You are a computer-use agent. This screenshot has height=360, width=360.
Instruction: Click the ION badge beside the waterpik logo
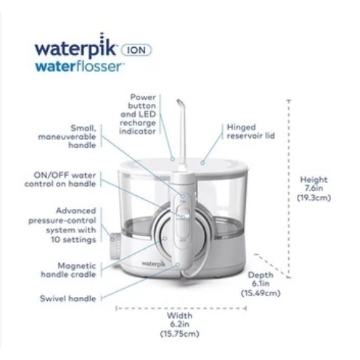(136, 50)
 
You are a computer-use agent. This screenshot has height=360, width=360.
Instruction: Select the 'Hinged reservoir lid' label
(250, 131)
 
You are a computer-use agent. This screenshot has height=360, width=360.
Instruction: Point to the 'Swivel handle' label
(67, 298)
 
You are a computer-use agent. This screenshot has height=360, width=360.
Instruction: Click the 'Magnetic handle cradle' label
(68, 270)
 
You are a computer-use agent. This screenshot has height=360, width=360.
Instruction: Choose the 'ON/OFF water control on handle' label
(60, 179)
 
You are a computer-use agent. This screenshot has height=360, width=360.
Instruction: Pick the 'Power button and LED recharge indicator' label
(138, 114)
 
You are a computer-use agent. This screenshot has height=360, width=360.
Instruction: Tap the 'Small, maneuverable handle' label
(67, 136)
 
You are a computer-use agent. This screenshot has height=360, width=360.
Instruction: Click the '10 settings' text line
(73, 240)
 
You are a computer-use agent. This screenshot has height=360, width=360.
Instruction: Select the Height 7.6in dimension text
(314, 189)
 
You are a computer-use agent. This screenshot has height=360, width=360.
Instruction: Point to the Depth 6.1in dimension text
(261, 284)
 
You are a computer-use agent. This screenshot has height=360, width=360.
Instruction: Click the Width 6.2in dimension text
(180, 324)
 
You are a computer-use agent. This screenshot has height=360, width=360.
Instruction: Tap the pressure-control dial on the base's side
(115, 245)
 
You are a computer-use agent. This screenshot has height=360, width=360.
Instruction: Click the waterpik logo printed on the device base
(154, 263)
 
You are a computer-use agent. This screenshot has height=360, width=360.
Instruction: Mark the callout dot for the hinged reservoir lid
(202, 163)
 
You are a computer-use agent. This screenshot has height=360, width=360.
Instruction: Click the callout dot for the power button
(173, 159)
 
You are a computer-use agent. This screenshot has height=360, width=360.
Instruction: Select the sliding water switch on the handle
(183, 221)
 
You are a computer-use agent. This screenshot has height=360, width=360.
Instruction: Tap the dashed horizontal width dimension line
(181, 308)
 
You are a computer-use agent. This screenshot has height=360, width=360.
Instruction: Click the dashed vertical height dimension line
(289, 188)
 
